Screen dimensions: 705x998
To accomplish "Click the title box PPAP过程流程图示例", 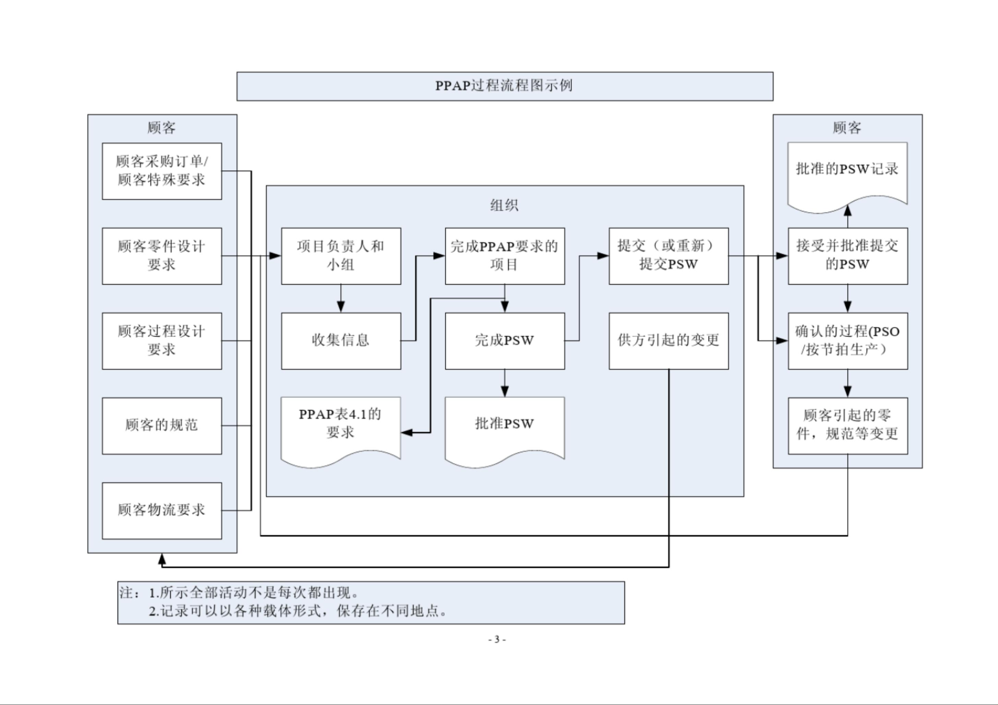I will point(504,86).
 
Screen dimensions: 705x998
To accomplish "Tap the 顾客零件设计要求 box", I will point(162,256).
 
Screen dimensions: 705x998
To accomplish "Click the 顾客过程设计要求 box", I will point(162,341).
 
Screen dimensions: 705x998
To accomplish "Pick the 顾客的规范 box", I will point(162,426).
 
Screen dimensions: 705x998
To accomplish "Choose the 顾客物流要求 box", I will point(162,510).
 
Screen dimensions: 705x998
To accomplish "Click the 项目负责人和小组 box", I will point(341,256).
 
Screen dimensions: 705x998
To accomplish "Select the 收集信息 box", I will point(341,341).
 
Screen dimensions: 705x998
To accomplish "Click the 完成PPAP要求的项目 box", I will point(505,256).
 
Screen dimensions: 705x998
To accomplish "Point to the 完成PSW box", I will point(505,341).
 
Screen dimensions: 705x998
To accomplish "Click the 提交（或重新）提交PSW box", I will point(669,256).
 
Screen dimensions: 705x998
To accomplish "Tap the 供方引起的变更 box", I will point(669,341).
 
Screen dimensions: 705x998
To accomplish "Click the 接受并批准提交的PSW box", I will point(847,256).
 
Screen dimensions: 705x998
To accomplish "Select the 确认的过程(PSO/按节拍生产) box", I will point(847,341).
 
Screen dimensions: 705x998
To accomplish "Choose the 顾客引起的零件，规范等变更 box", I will point(847,426).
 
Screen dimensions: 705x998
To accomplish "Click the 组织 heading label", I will point(504,205).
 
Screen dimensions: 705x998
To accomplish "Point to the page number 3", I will point(497,640).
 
